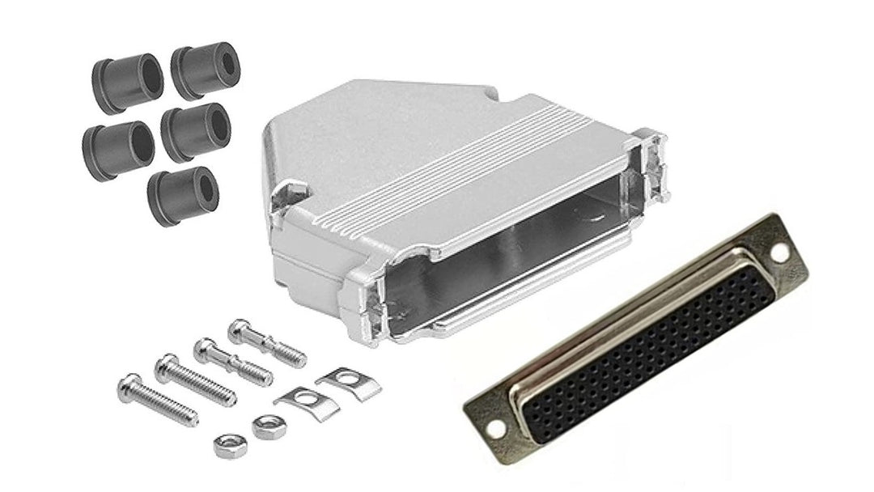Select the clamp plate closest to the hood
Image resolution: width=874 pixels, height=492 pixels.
(x=337, y=381)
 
